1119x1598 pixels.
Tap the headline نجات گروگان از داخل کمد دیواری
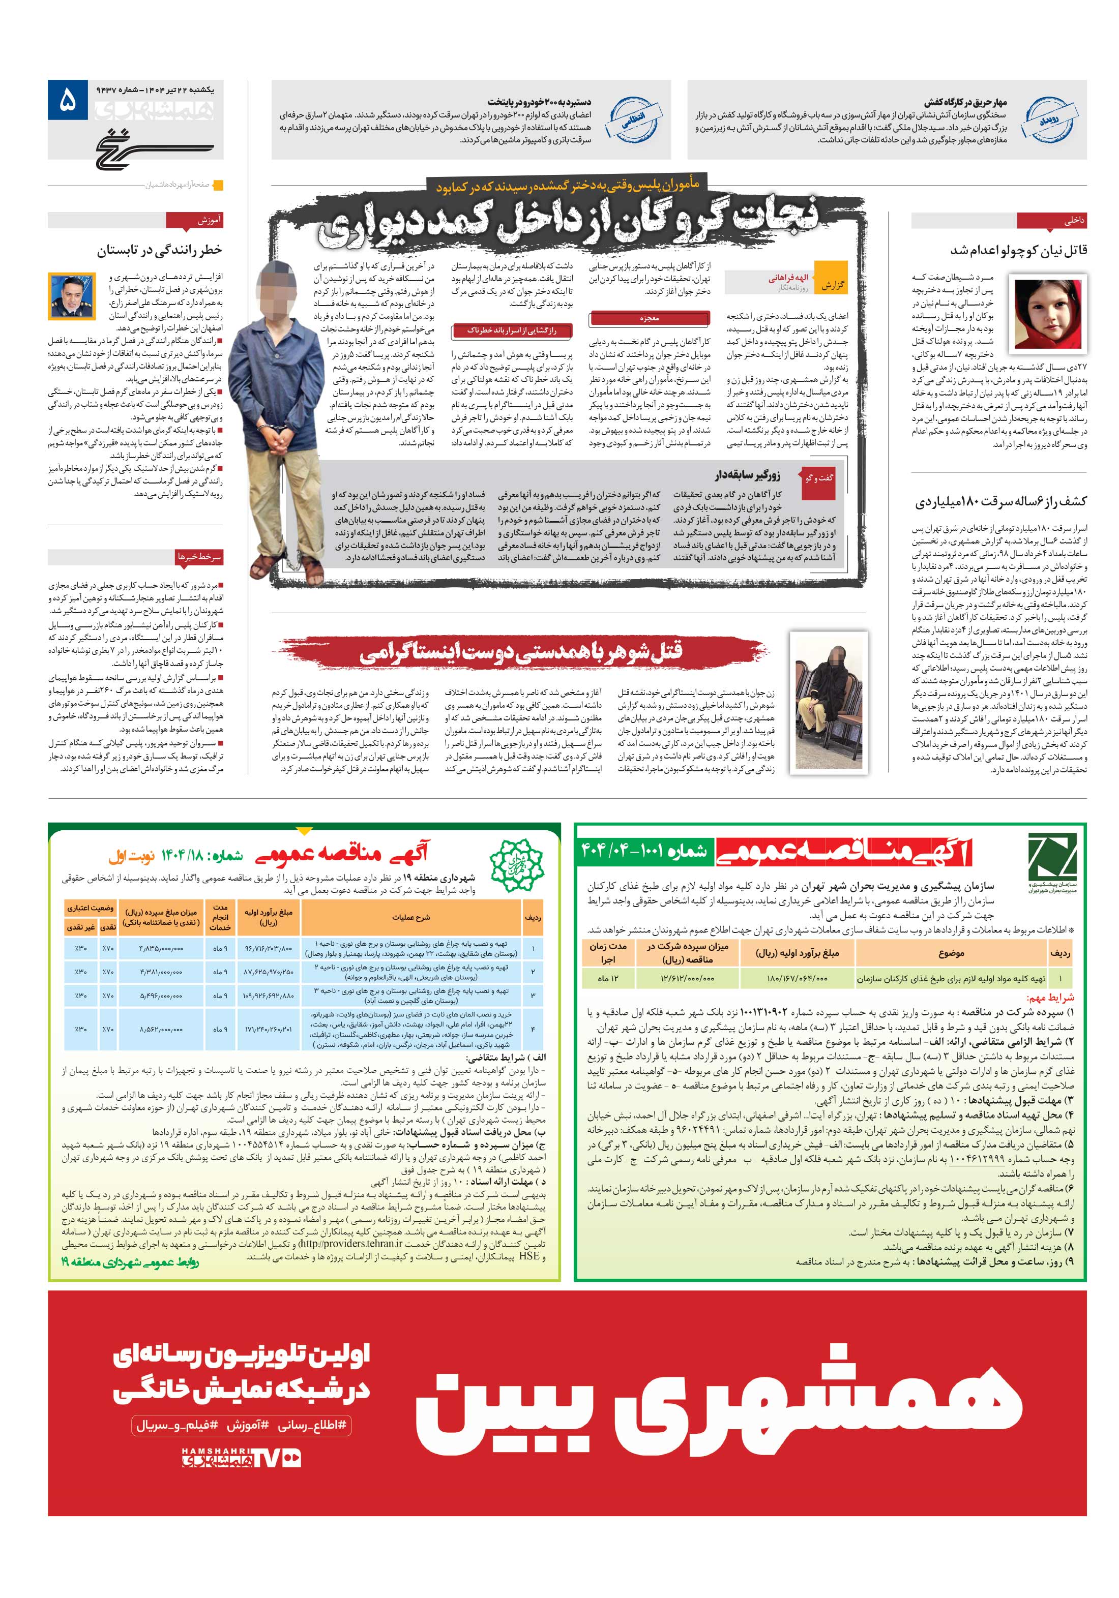coord(568,221)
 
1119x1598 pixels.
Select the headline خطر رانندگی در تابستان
coord(160,249)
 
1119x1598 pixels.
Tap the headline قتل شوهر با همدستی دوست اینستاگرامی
coord(521,652)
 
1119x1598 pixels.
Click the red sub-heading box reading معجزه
coord(649,318)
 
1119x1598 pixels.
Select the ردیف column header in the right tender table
coord(1061,953)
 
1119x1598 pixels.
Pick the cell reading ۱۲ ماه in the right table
coord(609,978)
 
